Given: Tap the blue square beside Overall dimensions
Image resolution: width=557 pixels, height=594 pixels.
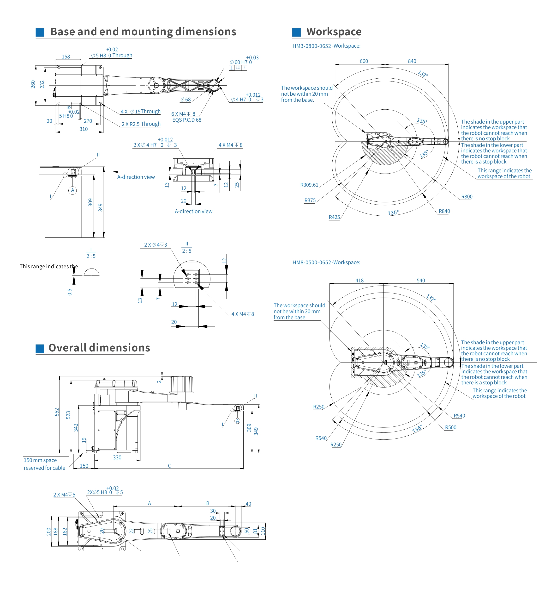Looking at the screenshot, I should [x=40, y=348].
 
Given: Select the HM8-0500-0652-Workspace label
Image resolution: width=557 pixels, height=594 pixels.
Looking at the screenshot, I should [x=326, y=262].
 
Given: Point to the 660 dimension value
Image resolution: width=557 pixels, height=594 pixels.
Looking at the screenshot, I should [x=364, y=61].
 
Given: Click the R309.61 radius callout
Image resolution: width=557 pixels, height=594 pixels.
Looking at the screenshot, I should [x=309, y=185].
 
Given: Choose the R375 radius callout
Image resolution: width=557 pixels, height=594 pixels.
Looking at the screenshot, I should [x=310, y=200].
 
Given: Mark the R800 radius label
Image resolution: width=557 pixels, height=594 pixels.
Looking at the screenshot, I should [x=467, y=197].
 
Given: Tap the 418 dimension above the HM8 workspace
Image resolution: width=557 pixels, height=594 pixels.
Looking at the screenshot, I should [x=359, y=280].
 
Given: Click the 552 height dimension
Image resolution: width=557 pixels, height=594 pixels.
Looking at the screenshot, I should [x=57, y=412].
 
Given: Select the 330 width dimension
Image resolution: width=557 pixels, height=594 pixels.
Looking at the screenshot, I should [x=117, y=457].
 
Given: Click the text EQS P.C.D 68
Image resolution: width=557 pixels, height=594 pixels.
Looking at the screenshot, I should [x=187, y=120].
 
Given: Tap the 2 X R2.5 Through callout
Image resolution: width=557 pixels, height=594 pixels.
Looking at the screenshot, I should [x=141, y=124].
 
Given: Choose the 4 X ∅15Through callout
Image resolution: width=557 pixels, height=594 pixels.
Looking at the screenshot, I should [x=141, y=112].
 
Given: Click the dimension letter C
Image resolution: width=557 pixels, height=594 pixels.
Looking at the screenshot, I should [x=169, y=466].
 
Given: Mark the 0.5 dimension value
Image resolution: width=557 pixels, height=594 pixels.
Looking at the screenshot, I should [x=70, y=292].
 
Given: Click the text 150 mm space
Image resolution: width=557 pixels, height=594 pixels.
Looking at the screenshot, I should [x=40, y=460].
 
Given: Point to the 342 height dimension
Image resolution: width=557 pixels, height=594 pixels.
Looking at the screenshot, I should [x=76, y=428].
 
